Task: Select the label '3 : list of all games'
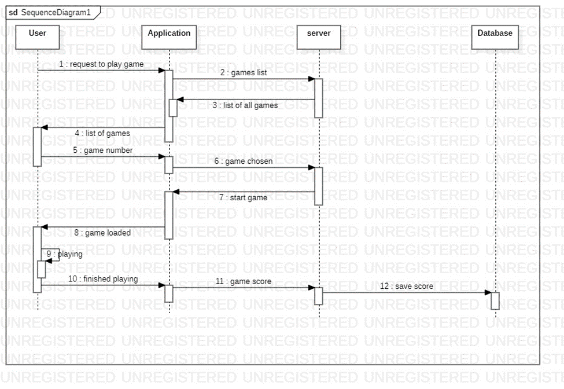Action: (245, 105)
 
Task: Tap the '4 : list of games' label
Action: (102, 133)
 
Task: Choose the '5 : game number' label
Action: (102, 151)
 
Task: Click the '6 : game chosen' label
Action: (243, 162)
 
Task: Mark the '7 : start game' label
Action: (243, 197)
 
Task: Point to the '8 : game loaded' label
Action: (102, 233)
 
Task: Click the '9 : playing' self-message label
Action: (65, 254)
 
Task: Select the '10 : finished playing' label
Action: (103, 279)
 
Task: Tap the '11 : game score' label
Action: (243, 281)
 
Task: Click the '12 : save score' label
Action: (406, 286)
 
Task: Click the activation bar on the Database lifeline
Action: (495, 300)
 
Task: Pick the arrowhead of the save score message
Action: (488, 292)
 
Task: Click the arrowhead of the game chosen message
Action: (311, 168)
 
